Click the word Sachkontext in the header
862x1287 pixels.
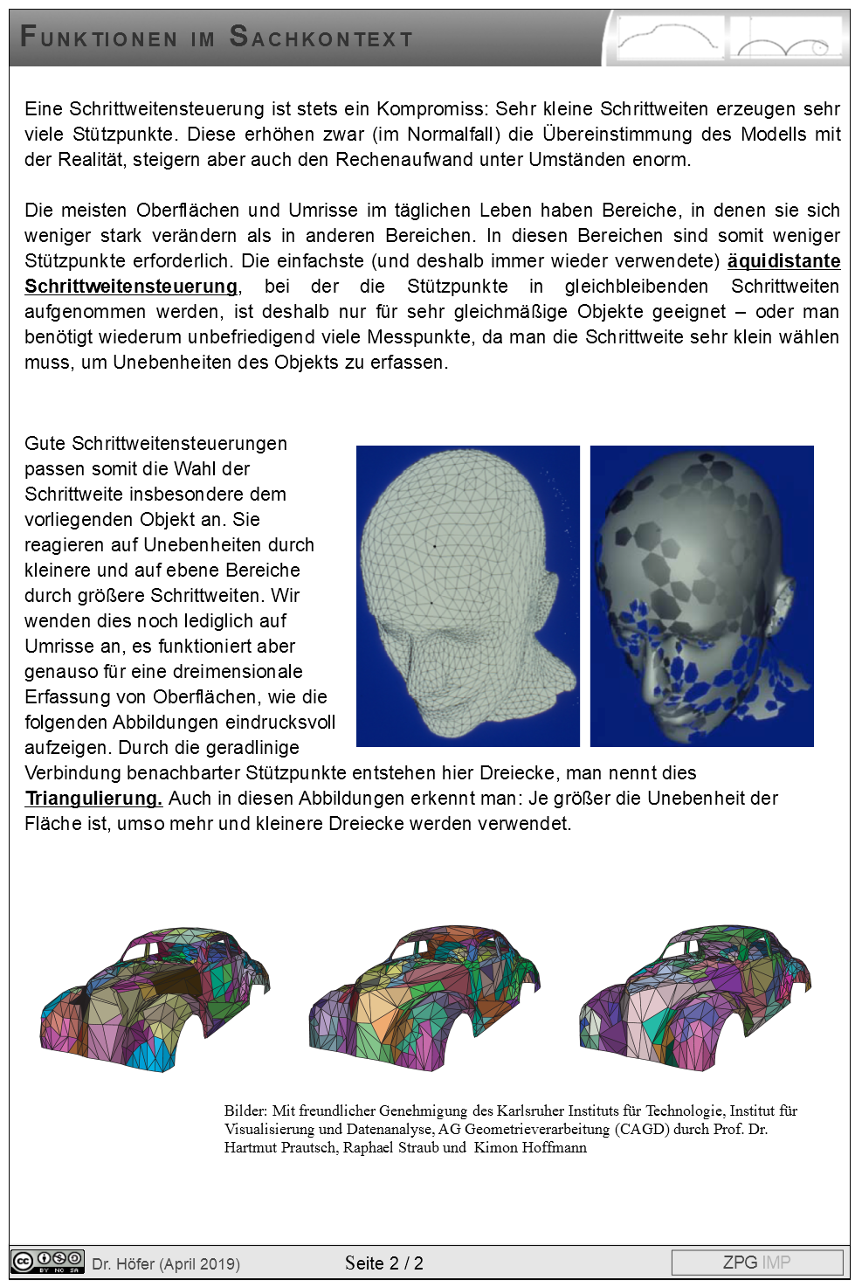pos(321,38)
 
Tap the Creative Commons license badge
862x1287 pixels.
pos(47,1263)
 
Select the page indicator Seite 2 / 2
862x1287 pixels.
pos(384,1263)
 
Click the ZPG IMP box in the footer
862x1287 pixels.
pos(756,1263)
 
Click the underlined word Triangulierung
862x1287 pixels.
pos(93,799)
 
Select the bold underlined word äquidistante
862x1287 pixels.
pos(783,261)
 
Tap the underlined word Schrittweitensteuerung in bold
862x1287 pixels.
pos(131,287)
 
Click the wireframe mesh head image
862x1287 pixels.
pos(467,596)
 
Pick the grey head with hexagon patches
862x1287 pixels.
pos(701,596)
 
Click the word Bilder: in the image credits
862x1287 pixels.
pos(245,1111)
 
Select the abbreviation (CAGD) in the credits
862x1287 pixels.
pos(642,1130)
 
